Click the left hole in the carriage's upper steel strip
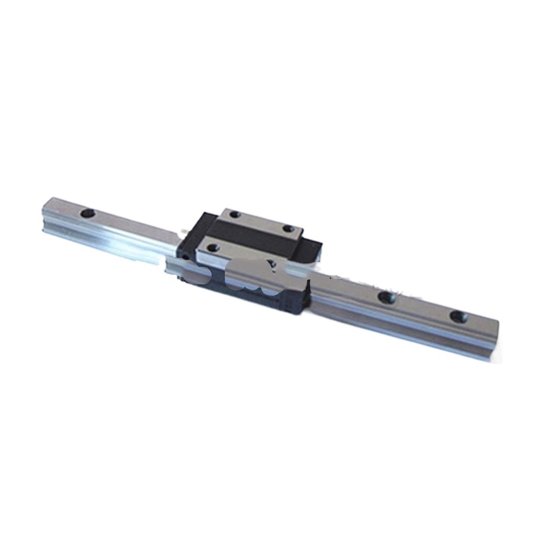tap(234, 214)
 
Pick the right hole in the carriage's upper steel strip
tap(288, 228)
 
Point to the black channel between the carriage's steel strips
tap(253, 232)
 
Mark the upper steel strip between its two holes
tap(261, 221)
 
